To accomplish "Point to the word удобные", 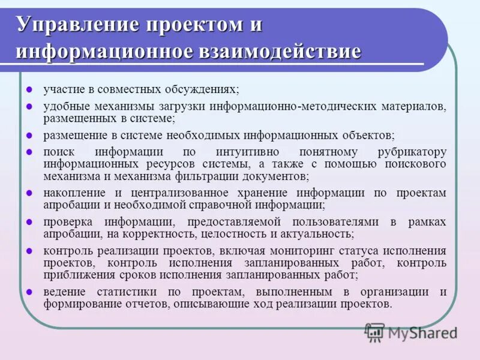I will pos(65,106).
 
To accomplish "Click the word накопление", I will pos(73,193).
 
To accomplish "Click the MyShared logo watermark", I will pos(411,332).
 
